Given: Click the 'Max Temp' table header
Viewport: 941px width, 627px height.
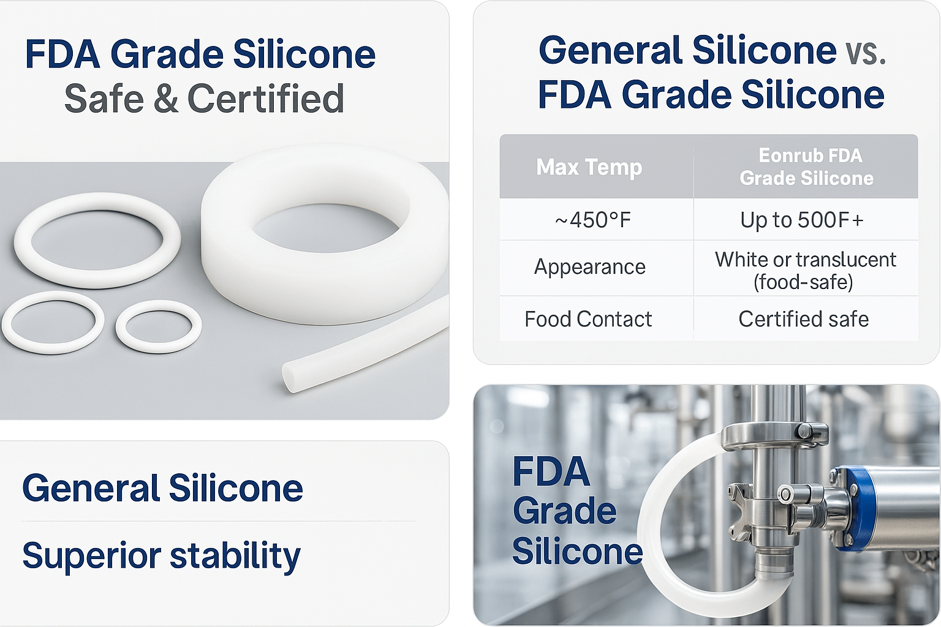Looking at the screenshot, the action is click(x=589, y=167).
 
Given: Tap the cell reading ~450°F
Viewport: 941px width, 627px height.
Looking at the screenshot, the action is click(x=593, y=220).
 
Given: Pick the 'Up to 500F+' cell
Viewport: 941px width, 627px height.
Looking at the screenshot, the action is click(x=801, y=220).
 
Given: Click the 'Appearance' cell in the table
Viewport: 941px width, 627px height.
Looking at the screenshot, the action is click(x=590, y=267).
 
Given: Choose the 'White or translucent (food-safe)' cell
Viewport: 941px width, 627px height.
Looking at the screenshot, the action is click(x=806, y=271).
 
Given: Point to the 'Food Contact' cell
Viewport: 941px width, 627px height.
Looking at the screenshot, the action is click(x=588, y=319).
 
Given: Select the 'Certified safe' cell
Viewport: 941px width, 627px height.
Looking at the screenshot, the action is click(x=803, y=319).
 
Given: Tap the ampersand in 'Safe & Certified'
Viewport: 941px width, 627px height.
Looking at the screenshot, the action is click(x=165, y=98).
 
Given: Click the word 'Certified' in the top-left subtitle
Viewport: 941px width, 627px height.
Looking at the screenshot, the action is click(x=266, y=98).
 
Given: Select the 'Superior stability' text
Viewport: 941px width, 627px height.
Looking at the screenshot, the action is click(x=161, y=555).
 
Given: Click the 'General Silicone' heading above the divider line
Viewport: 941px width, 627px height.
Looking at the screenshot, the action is click(x=162, y=487).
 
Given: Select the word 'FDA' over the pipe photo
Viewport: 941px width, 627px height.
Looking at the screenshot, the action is click(x=551, y=471).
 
